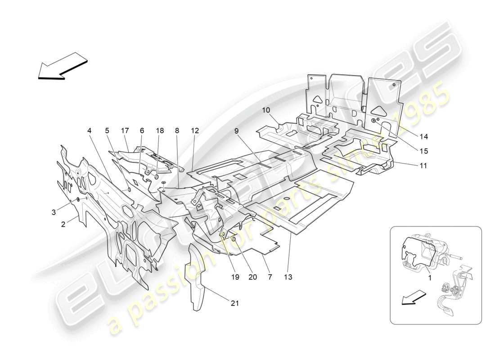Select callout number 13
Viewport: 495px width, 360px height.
[288, 277]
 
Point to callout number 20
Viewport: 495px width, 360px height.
[252, 277]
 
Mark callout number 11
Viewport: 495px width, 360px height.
[423, 166]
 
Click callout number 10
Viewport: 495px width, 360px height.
[266, 110]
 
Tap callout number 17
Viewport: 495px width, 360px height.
[125, 130]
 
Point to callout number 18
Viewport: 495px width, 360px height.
[160, 130]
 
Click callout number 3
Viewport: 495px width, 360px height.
[54, 211]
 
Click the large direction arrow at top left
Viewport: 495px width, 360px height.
[62, 66]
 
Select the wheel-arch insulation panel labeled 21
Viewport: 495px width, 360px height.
[197, 279]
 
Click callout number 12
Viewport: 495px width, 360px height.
[194, 130]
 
